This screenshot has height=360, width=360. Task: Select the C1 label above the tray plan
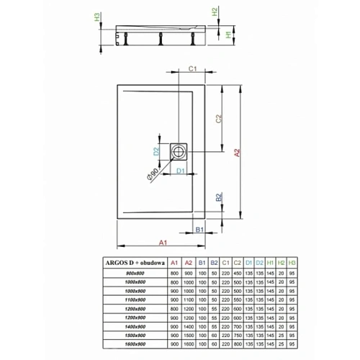click(x=193, y=68)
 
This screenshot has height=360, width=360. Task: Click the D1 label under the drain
click(x=182, y=171)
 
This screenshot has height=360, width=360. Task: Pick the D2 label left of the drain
click(x=155, y=151)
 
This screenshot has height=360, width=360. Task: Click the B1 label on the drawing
click(x=202, y=230)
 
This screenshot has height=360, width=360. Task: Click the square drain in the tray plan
click(x=179, y=151)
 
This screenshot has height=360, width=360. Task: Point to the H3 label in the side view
click(x=101, y=17)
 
